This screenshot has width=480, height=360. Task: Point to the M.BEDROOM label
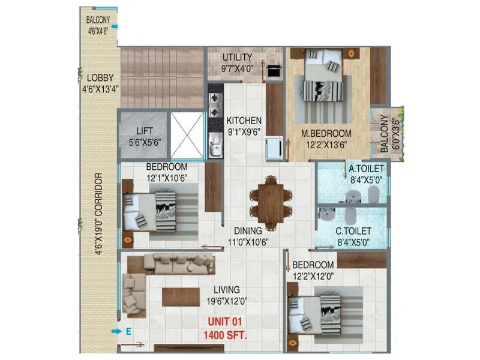click(x=327, y=133)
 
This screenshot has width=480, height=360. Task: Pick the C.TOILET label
click(x=353, y=231)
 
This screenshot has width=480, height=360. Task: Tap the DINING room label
click(x=248, y=230)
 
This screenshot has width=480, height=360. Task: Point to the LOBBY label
click(x=99, y=78)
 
